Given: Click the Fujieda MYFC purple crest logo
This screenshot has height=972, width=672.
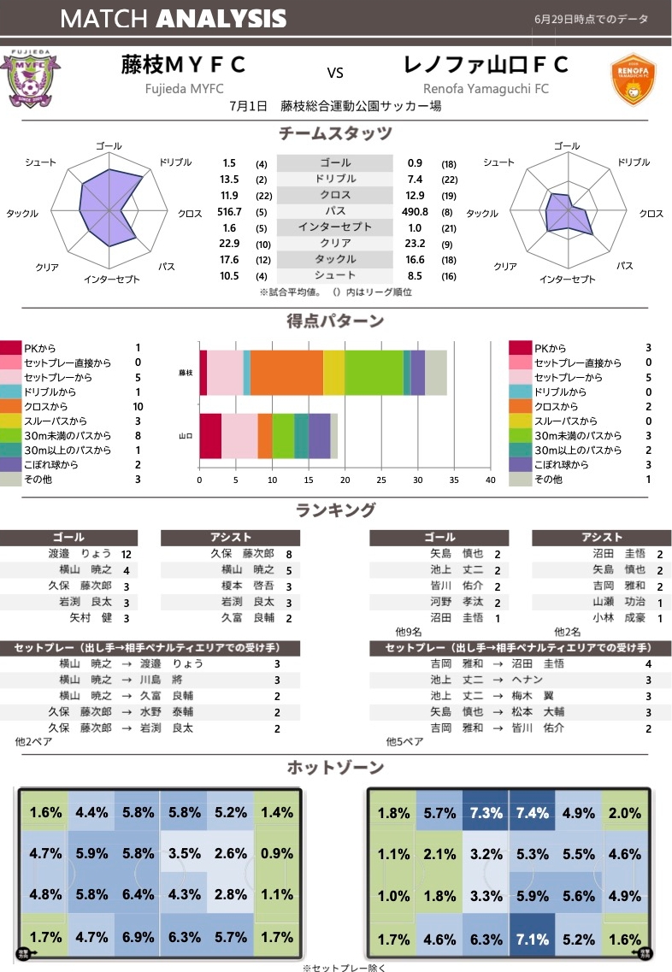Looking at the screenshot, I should [x=31, y=79].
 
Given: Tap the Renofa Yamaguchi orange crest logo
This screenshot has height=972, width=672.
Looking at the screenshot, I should [x=634, y=80].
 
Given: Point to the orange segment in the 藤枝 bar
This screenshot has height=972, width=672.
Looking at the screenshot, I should [x=286, y=373].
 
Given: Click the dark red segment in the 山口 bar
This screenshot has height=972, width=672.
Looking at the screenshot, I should [x=210, y=436].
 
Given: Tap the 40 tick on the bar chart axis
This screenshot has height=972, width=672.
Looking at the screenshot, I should [x=491, y=480].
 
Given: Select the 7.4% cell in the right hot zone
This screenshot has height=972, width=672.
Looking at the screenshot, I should [x=533, y=812].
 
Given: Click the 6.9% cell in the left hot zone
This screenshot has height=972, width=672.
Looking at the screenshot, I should [x=139, y=937].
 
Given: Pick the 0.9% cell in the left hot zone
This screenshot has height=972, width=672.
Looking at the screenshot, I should [x=277, y=853].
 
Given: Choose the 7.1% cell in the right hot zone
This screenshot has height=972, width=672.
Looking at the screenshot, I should [x=533, y=937].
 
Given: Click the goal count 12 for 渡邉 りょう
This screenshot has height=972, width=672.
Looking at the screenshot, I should [x=127, y=554].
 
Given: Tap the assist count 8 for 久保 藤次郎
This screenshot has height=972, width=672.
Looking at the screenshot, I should [x=290, y=554].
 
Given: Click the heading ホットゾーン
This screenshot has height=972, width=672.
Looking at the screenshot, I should [x=336, y=766].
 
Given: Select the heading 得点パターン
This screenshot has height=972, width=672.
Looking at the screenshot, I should [x=335, y=321].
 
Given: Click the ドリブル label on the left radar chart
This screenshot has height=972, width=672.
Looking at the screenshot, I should [x=174, y=161].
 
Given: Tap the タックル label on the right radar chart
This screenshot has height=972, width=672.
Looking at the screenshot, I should [x=482, y=214].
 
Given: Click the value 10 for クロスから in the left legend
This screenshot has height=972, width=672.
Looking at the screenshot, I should [x=138, y=406].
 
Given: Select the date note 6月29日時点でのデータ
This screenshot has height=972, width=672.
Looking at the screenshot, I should [x=592, y=19].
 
